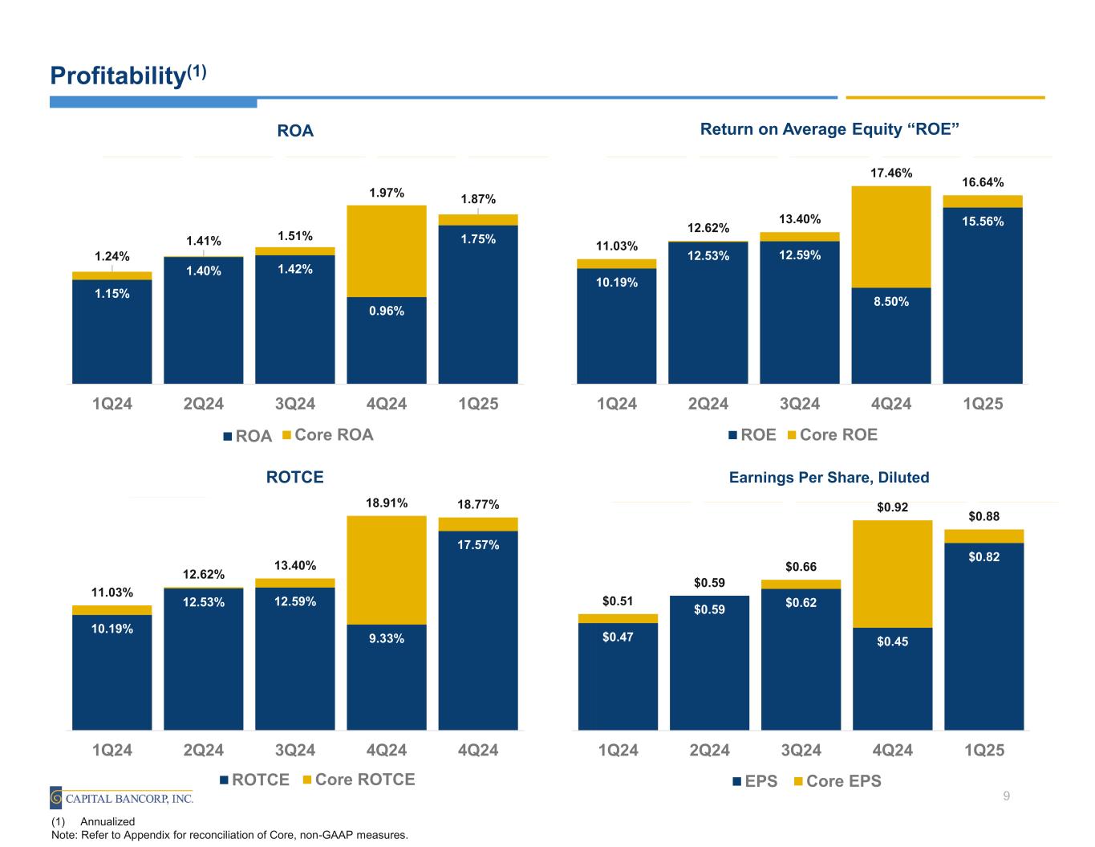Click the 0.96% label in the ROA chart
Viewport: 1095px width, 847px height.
(x=387, y=312)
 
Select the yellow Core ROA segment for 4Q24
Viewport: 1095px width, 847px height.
(x=387, y=250)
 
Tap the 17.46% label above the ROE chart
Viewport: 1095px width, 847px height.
(x=891, y=173)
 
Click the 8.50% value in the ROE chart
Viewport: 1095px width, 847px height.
(x=891, y=302)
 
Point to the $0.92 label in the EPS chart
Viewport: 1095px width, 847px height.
(x=893, y=507)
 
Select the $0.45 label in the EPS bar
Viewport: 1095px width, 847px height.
(x=893, y=641)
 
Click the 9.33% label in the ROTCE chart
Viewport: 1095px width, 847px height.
(x=387, y=638)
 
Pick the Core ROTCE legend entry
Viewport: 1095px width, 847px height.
(x=358, y=780)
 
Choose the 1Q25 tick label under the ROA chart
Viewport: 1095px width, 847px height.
(x=478, y=404)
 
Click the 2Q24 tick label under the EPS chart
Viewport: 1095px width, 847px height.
(x=709, y=750)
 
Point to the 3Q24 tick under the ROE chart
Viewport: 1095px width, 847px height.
(x=800, y=404)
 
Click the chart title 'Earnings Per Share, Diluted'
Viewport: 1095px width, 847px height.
(x=829, y=478)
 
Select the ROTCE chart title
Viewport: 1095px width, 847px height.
(x=294, y=478)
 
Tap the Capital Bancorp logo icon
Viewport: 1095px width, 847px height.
(x=56, y=797)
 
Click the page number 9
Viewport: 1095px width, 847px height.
(x=1006, y=796)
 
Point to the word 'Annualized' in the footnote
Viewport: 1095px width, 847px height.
(x=107, y=821)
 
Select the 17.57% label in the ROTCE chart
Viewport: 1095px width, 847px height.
(x=478, y=545)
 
